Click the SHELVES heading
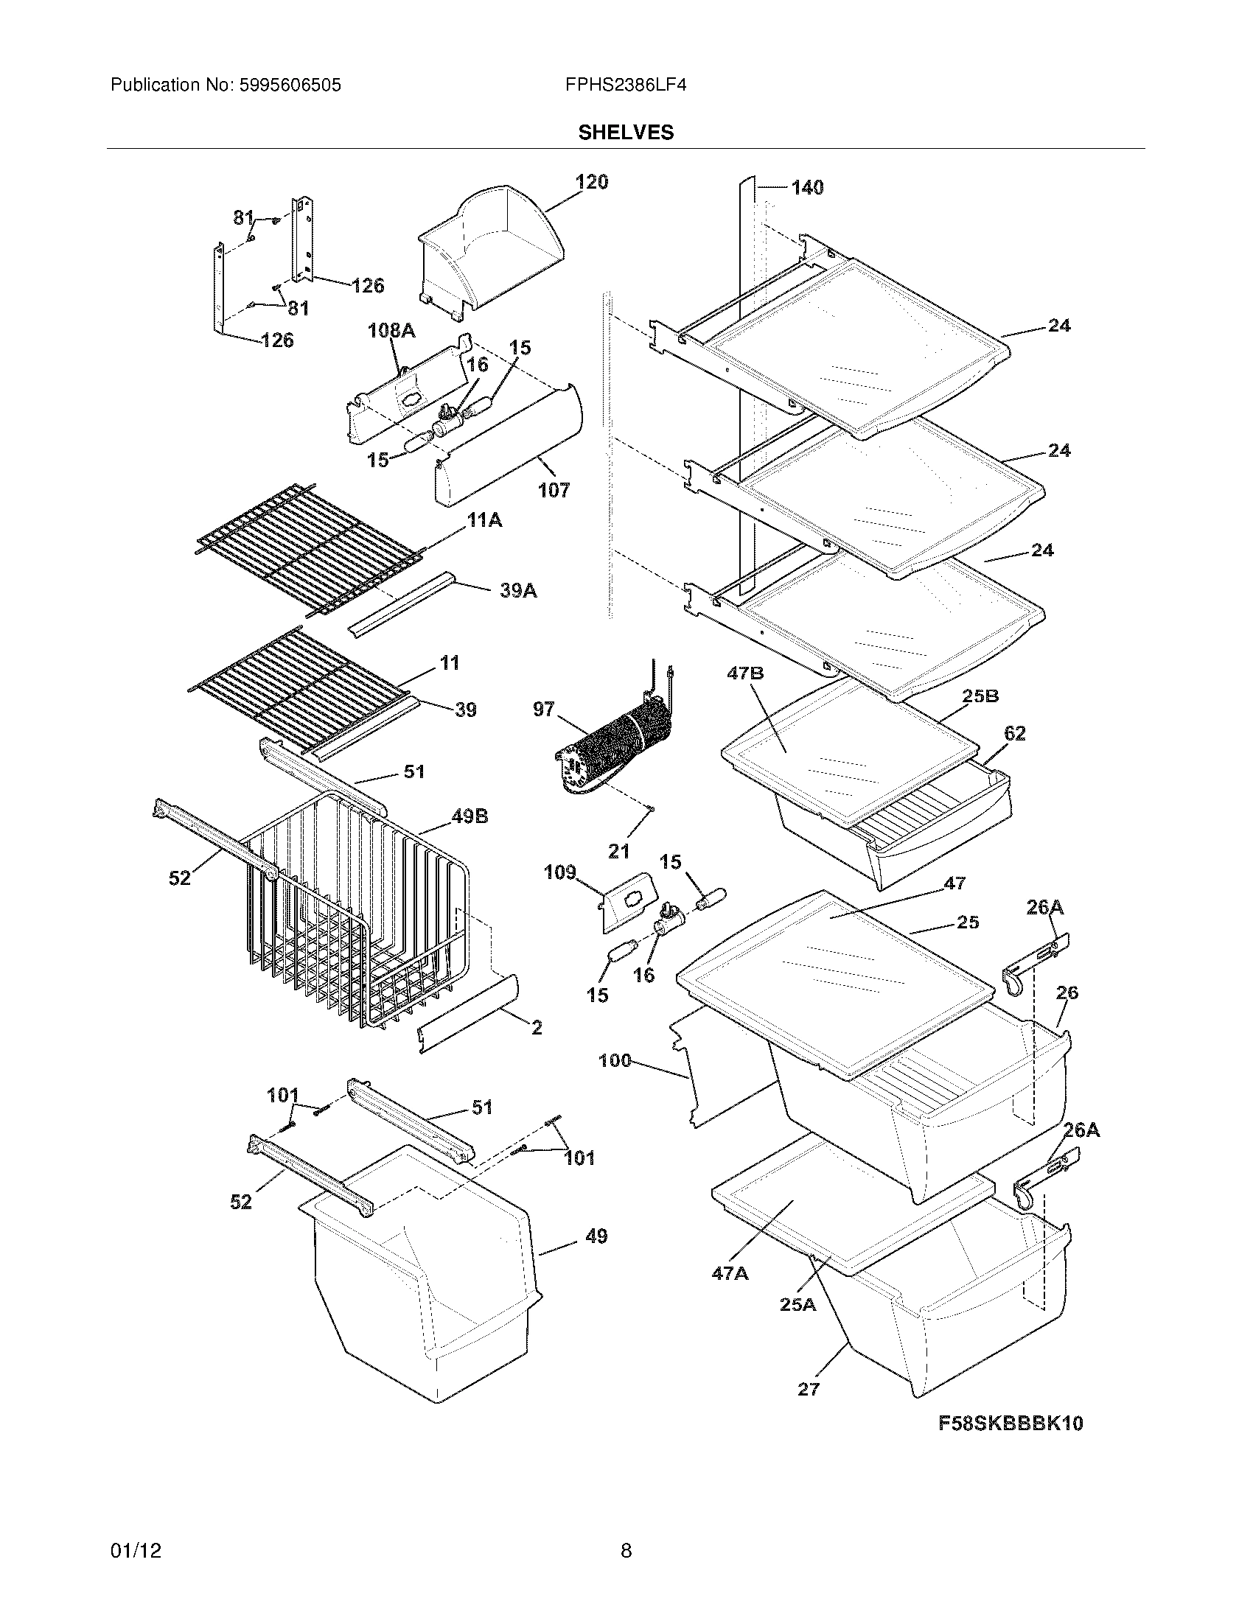tap(626, 132)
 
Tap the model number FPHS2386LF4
tap(625, 85)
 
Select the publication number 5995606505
tap(291, 85)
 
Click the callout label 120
tap(592, 182)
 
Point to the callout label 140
tap(807, 188)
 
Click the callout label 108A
tap(391, 331)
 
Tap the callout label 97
tap(543, 710)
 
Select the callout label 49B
tap(469, 817)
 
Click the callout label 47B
tap(745, 674)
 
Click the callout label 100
tap(615, 1060)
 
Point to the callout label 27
tap(809, 1389)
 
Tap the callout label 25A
tap(798, 1304)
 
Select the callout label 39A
tap(518, 591)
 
